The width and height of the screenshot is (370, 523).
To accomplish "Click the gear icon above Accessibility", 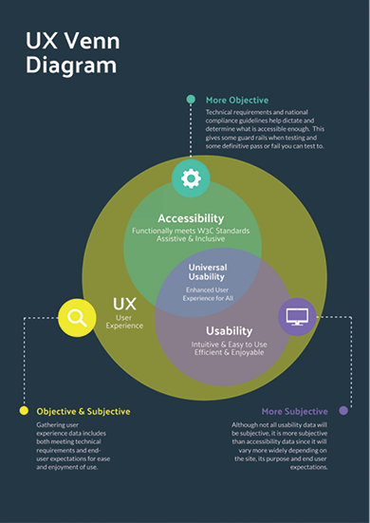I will click(191, 177).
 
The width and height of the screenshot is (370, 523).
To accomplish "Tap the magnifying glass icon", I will click(78, 318).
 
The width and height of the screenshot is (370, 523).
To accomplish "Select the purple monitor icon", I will click(298, 316).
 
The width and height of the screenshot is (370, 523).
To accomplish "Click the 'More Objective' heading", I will click(237, 100).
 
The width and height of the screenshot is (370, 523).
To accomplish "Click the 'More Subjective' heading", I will click(294, 411).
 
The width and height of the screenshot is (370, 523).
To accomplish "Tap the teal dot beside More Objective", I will click(191, 99).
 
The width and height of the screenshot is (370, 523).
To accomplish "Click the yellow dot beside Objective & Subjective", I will click(24, 411).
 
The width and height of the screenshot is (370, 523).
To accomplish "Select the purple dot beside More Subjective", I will click(343, 411).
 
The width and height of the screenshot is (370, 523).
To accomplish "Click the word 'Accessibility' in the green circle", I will click(191, 217).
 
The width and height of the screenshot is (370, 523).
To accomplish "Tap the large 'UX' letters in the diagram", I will click(124, 304).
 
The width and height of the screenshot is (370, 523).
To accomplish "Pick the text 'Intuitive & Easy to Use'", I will click(230, 344).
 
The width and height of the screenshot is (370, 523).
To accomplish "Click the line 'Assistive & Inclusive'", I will click(191, 240).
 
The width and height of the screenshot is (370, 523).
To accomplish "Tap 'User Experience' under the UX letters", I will click(124, 320).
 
